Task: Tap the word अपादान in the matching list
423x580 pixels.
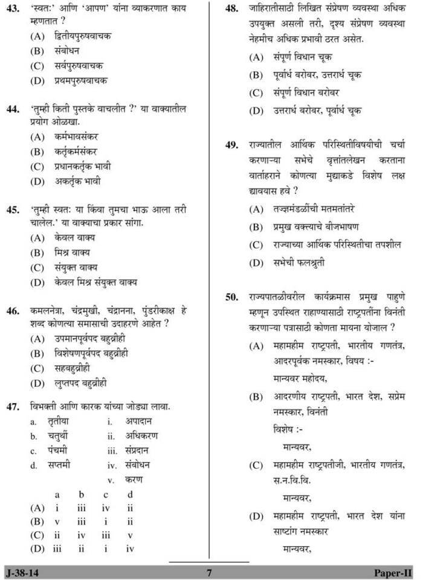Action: coord(138,422)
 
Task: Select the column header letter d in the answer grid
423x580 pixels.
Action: coord(130,494)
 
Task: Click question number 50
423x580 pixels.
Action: coord(231,297)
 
